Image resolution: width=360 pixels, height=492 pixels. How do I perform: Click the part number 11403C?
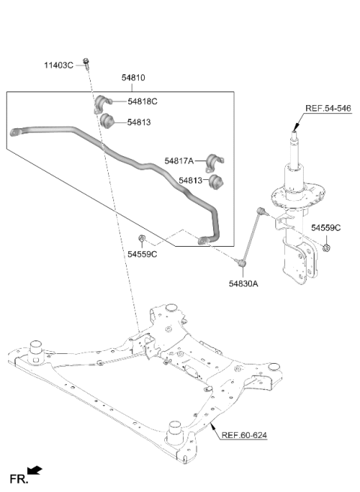coord(58,65)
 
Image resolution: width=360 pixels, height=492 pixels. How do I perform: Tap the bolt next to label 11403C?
coord(86,63)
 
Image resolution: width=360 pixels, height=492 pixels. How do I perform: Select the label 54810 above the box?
coord(133,77)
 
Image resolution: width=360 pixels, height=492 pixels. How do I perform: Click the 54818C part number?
coord(142,101)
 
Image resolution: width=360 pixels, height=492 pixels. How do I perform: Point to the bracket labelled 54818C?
coord(102,103)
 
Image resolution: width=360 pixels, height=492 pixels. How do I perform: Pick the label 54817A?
coord(179,161)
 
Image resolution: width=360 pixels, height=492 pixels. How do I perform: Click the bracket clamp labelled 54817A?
coord(214,163)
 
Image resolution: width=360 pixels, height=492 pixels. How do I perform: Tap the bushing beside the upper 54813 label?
coord(107,121)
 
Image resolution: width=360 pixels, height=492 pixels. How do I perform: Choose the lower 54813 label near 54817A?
coord(190,181)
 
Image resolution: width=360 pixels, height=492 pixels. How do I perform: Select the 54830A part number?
coord(243,283)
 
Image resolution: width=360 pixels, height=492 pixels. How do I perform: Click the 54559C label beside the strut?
coord(325,228)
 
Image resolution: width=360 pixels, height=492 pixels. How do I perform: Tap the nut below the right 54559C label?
coord(326,248)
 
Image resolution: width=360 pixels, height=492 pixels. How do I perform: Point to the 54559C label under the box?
coord(142,254)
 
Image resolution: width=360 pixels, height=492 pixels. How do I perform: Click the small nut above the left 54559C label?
coord(142,238)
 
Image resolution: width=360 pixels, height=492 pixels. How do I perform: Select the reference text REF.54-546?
coord(328,108)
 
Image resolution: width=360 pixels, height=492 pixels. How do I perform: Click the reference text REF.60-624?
coord(244,435)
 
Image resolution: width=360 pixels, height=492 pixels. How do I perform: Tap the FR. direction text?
coord(19,479)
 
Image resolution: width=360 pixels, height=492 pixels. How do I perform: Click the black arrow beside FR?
coord(34,470)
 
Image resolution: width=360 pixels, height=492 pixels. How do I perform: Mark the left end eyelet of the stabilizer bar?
coord(14,132)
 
